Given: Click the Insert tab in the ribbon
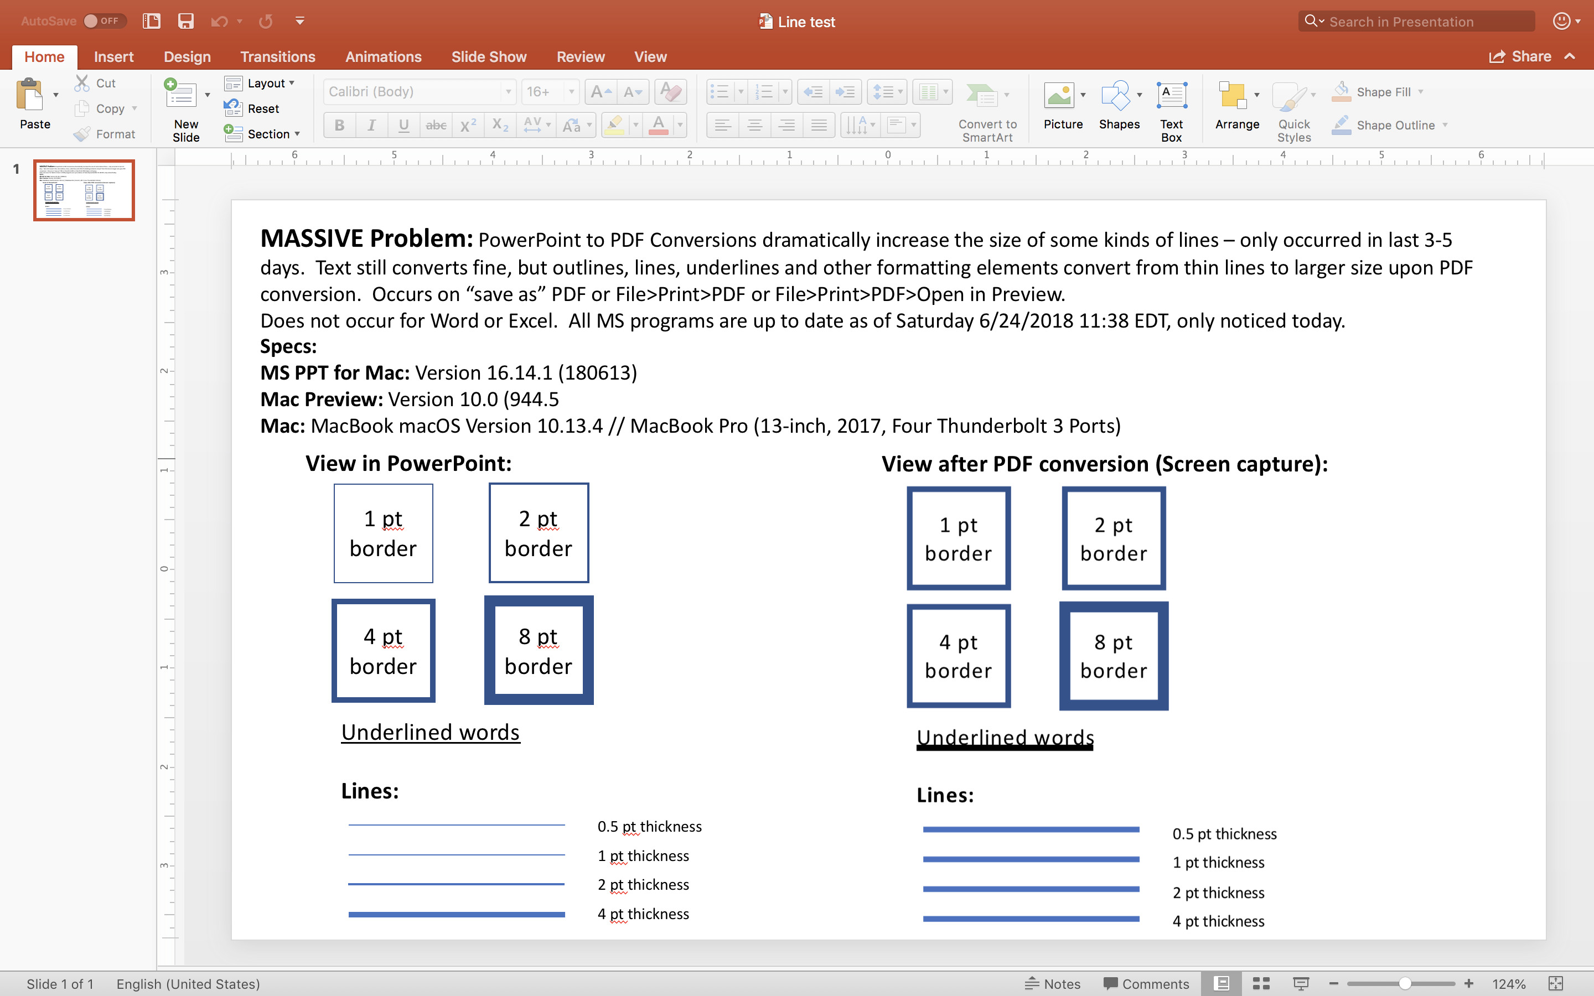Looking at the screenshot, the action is pyautogui.click(x=113, y=56).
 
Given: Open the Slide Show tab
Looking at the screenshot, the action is pyautogui.click(x=489, y=56).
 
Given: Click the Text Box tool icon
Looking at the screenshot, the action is pyautogui.click(x=1172, y=96).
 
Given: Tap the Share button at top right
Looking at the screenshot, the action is pyautogui.click(x=1521, y=56).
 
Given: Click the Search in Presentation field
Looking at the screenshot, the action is pyautogui.click(x=1416, y=21).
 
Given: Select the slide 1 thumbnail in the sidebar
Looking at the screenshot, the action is pyautogui.click(x=84, y=190).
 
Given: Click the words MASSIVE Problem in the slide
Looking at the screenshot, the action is pyautogui.click(x=366, y=239).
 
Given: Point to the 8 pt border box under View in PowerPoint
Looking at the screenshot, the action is pyautogui.click(x=539, y=650).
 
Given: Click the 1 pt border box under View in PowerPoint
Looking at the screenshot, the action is pyautogui.click(x=384, y=533).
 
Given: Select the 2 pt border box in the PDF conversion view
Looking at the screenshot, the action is pyautogui.click(x=1114, y=538).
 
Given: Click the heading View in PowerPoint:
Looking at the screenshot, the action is pyautogui.click(x=408, y=464).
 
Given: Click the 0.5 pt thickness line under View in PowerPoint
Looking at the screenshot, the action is pyautogui.click(x=457, y=824).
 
